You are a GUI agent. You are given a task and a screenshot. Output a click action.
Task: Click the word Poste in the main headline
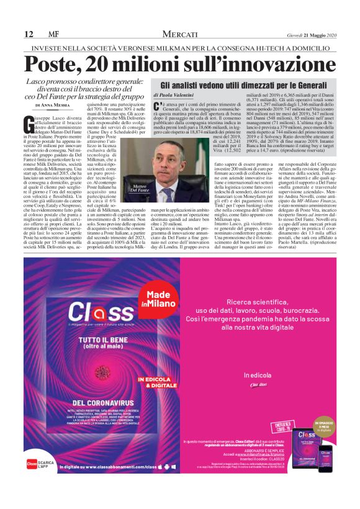pyautogui.click(x=57, y=64)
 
